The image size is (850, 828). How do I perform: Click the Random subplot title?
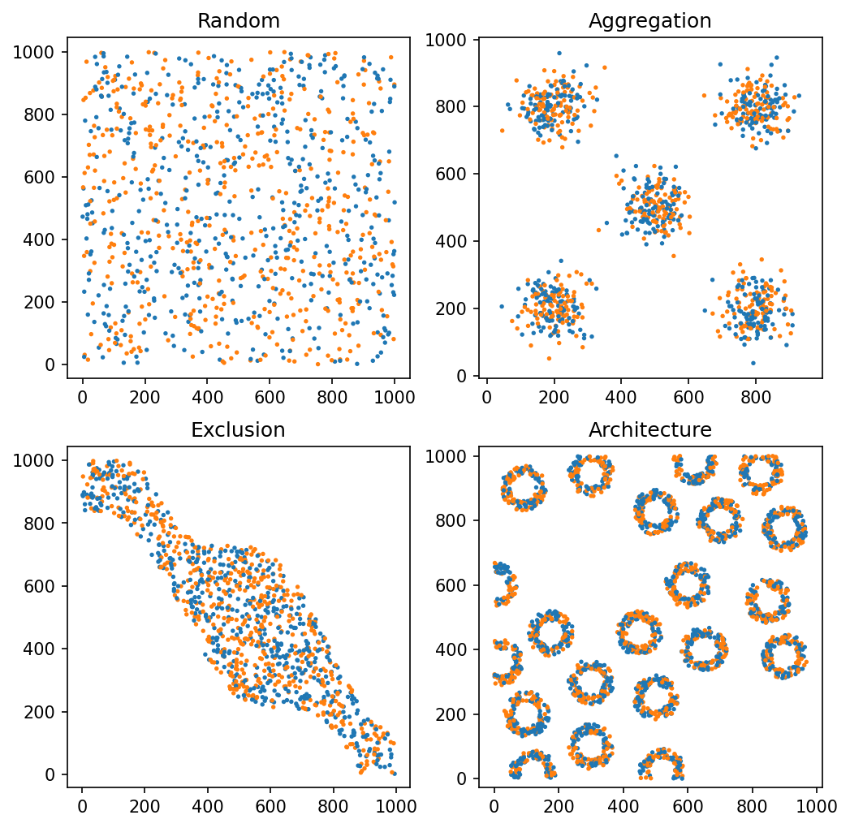(239, 22)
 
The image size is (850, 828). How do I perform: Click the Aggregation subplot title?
(649, 22)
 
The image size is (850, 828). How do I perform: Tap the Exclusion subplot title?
(239, 430)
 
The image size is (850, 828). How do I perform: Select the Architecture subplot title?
(649, 430)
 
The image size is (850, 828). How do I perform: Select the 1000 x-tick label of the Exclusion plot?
(395, 806)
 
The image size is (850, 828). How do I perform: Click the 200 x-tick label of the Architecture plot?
(559, 806)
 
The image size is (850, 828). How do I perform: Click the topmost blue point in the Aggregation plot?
(559, 53)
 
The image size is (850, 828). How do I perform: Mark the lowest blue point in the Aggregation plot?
(753, 363)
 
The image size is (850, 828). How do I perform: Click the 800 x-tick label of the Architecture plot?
(752, 806)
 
